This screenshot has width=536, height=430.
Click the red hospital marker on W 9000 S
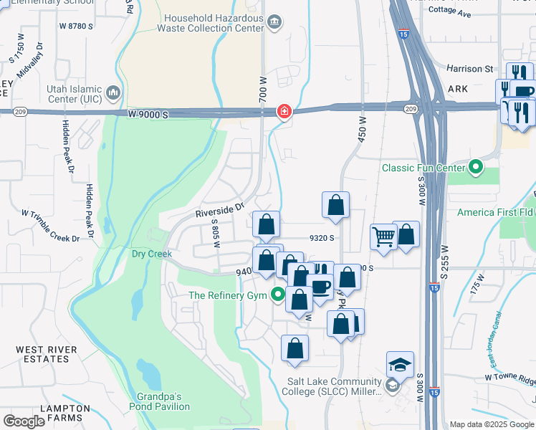[284, 111]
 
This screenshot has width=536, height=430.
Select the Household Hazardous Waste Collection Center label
[215, 23]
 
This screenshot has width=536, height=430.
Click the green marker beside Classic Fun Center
[476, 168]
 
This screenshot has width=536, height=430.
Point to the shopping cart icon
[384, 236]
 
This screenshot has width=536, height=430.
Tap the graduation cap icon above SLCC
[400, 365]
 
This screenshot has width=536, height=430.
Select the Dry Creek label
[152, 254]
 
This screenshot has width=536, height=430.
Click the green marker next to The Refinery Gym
[279, 295]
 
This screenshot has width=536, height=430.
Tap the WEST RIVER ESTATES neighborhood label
[36, 355]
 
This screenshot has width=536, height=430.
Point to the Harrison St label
[469, 69]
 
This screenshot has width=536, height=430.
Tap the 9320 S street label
[322, 239]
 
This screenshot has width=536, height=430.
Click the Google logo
[24, 421]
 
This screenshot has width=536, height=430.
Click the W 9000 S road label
[148, 114]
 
